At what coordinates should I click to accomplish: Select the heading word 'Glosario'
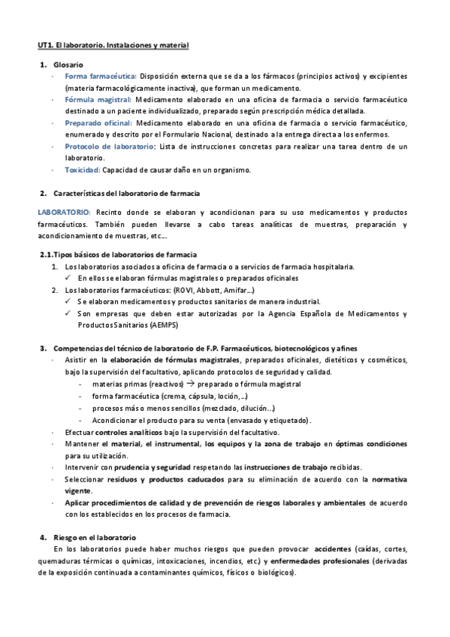point(69,65)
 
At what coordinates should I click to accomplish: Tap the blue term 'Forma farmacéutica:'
point(101,77)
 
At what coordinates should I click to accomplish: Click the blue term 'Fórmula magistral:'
point(98,100)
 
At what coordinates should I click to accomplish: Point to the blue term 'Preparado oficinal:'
point(99,123)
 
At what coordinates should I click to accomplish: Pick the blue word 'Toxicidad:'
point(83,170)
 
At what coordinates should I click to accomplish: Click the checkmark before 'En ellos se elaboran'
point(69,279)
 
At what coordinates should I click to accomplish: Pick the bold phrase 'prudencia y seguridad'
point(149,467)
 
